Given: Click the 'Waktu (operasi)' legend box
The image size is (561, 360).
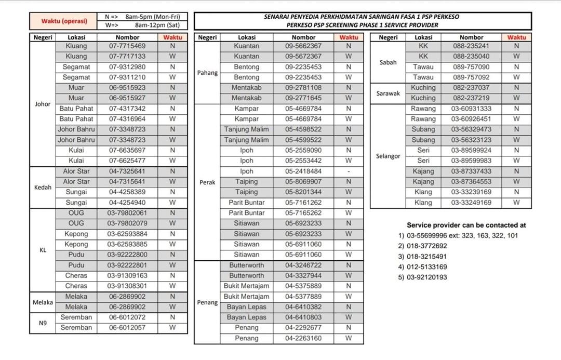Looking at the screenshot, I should tap(64, 21).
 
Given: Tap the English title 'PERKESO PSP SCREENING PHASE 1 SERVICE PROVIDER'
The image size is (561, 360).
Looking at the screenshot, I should tap(362, 25).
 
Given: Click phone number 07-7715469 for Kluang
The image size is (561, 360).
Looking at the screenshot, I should tap(127, 46).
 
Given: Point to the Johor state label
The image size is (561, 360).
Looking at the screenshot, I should tap(43, 104).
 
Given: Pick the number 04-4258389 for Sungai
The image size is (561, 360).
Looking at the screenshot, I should tap(127, 192).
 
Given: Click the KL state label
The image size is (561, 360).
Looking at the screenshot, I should tap(43, 250).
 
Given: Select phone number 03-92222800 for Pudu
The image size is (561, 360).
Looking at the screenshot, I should tap(127, 255).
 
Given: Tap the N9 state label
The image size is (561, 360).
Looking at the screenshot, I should tap(43, 323).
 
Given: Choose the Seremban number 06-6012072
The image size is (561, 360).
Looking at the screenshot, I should tap(127, 317).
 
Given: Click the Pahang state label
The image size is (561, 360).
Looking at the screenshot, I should tap(207, 73).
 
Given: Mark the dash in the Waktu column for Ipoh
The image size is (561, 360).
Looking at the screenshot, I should tap(349, 171).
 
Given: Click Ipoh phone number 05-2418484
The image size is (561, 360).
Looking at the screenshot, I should tap(303, 171).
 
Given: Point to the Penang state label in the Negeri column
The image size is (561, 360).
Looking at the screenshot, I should tap(207, 302).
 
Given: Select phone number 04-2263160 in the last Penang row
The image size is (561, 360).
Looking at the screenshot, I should tap(303, 338).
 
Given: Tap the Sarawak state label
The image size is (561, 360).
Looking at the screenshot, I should tap(388, 94).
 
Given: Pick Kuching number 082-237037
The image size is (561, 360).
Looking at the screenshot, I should tap(471, 88).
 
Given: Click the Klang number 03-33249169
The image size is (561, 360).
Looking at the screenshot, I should tap(471, 203).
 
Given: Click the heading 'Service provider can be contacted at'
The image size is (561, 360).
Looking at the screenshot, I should tap(466, 225).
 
